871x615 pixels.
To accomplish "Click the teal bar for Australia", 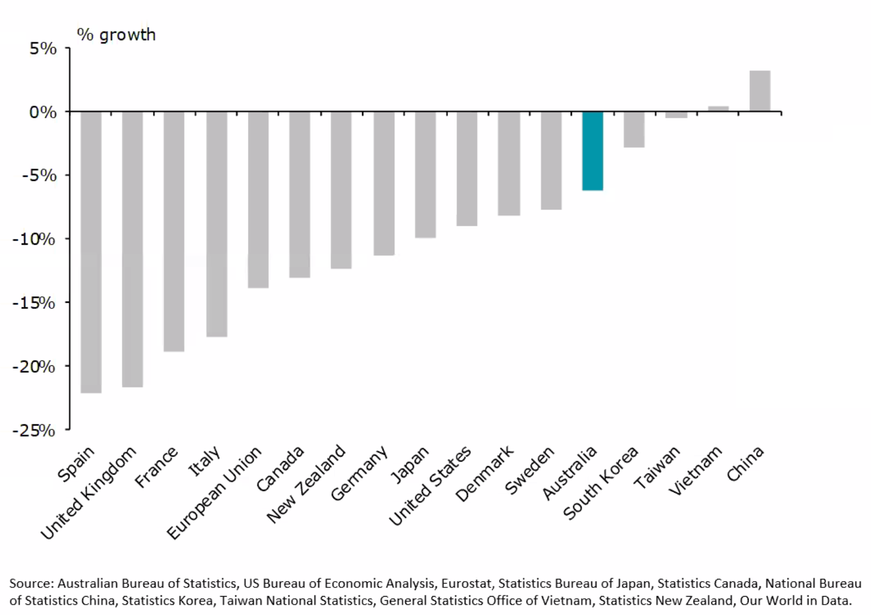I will click(x=593, y=150).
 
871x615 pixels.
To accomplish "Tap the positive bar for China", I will click(x=760, y=91).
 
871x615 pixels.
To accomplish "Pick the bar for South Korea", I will click(x=634, y=129).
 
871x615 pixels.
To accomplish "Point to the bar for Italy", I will click(x=216, y=223).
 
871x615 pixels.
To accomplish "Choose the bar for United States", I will click(x=467, y=168).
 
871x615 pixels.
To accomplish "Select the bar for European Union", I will click(x=258, y=199).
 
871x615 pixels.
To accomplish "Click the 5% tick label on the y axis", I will click(x=43, y=49).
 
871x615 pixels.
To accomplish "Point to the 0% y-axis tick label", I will click(x=43, y=112).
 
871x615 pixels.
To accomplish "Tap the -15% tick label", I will click(x=34, y=303).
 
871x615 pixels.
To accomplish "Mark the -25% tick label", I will click(x=34, y=430).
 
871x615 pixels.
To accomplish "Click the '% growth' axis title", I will click(x=117, y=35).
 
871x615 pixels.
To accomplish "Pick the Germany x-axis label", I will click(x=359, y=473).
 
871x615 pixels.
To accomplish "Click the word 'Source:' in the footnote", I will click(x=32, y=583).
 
